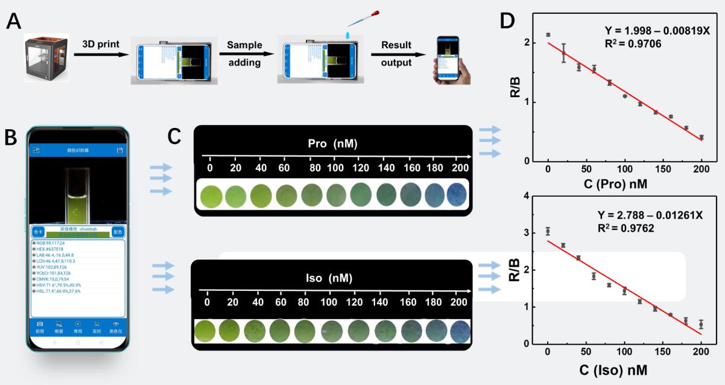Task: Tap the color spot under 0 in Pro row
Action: (210, 196)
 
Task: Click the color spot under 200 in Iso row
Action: (460, 331)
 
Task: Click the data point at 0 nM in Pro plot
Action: (548, 35)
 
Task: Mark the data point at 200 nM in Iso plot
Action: (701, 325)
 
